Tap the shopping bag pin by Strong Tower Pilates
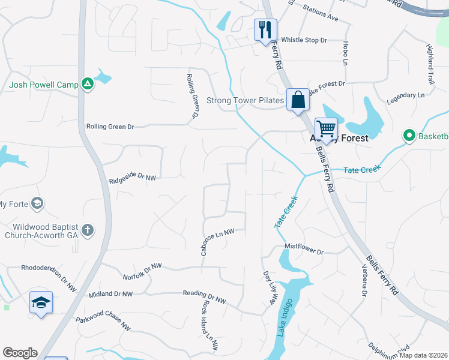(x=298, y=100)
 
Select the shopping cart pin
(x=326, y=128)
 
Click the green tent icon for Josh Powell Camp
(x=88, y=85)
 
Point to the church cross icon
(x=88, y=230)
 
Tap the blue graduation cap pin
(x=40, y=302)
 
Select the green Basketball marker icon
(x=410, y=136)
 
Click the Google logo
(x=20, y=353)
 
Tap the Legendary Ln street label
(x=405, y=95)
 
